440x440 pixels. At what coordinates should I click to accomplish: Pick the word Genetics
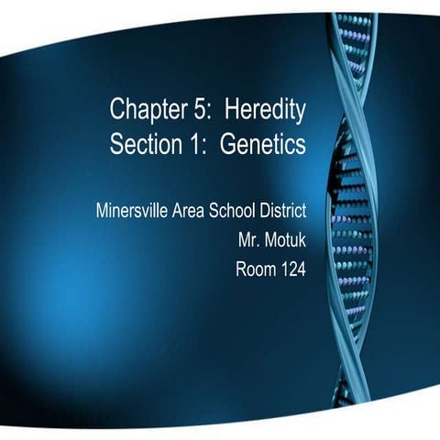(264, 145)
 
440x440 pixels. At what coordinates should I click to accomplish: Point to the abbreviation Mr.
(247, 241)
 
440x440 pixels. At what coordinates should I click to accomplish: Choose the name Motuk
(285, 241)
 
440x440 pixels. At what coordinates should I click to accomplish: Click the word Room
(256, 270)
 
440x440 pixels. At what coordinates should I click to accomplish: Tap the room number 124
(291, 270)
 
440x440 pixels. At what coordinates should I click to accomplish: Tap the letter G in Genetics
(229, 145)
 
